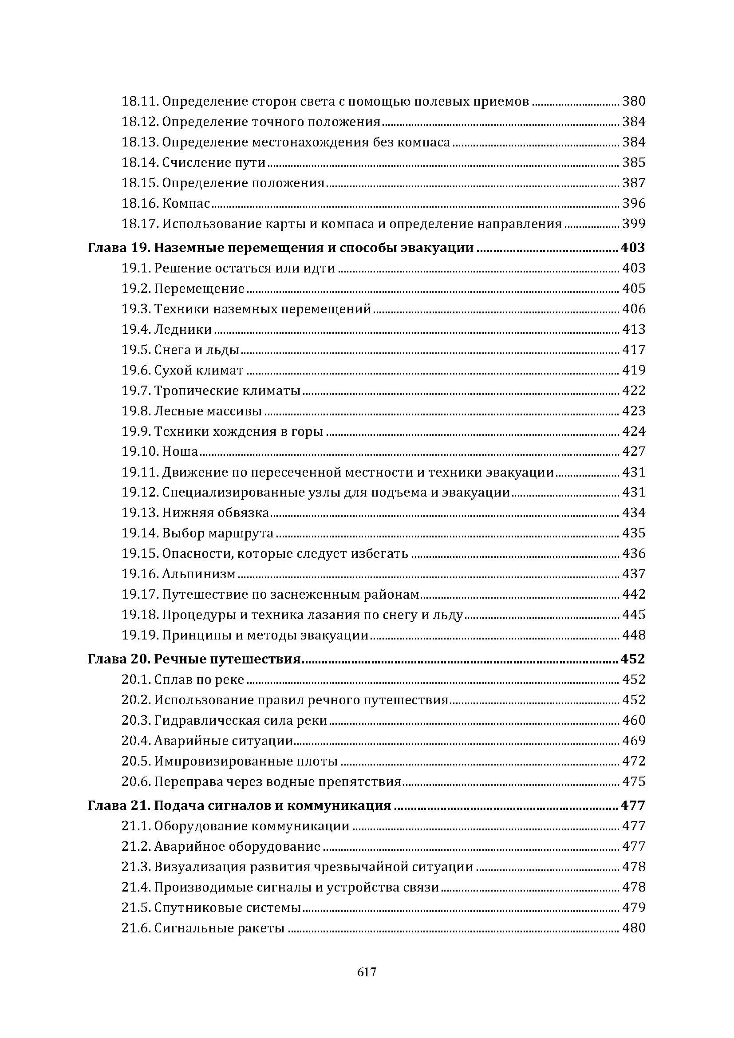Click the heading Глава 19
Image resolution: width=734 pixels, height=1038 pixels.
[x=118, y=248]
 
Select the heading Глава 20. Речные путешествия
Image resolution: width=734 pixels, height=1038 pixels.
[x=194, y=659]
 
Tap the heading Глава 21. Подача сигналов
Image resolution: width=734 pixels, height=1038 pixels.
[x=239, y=805]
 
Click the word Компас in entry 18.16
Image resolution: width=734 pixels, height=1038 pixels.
[x=186, y=203]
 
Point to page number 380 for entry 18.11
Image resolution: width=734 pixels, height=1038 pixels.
[x=634, y=101]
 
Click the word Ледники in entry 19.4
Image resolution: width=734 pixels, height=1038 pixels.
[x=182, y=329]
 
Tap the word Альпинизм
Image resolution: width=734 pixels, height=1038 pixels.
[x=199, y=574]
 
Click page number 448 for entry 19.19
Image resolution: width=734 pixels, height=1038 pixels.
[x=634, y=635]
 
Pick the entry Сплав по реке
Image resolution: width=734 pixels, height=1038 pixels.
[x=199, y=679]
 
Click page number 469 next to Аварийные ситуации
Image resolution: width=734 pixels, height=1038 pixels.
[x=634, y=741]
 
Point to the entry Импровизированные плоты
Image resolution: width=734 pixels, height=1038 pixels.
[x=246, y=761]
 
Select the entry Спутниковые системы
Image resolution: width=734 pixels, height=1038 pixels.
[x=227, y=908]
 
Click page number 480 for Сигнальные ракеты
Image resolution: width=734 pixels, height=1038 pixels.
[x=634, y=927]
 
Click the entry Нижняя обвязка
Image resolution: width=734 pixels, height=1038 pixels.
[x=215, y=512]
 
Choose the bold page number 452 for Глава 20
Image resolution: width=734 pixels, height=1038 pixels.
[x=633, y=659]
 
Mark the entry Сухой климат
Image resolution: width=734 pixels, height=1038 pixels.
[x=198, y=370]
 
